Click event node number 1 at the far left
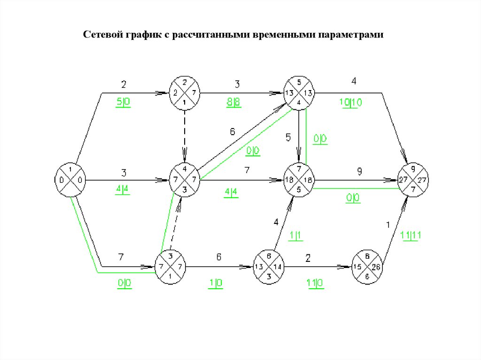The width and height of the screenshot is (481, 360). (70, 179)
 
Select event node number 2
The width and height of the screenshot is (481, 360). (185, 94)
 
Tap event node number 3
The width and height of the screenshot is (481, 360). (171, 267)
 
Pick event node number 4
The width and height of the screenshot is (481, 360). (185, 179)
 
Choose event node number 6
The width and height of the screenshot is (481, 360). (269, 267)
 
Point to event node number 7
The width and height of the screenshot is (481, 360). (299, 179)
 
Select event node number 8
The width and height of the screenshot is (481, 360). (368, 267)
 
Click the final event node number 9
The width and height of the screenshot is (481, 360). (413, 179)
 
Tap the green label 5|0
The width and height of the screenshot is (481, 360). (123, 102)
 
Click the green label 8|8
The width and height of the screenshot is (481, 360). (233, 102)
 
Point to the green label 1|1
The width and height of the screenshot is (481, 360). (295, 237)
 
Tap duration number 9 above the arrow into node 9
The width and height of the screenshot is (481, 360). (359, 172)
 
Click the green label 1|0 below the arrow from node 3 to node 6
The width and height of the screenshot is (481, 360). (216, 283)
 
